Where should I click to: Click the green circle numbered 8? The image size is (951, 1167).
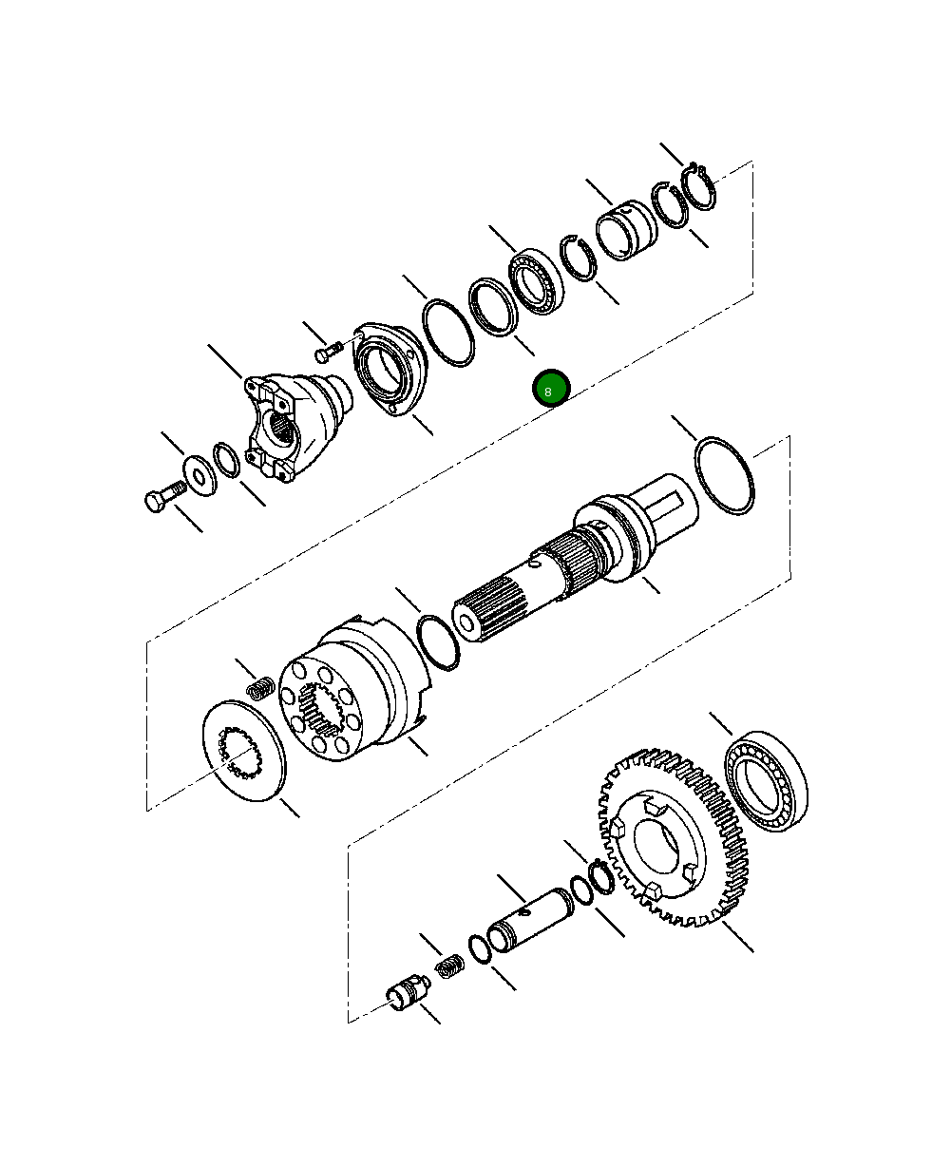click(x=550, y=390)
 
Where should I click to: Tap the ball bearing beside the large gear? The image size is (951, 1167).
click(x=767, y=781)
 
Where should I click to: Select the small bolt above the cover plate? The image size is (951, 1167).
click(x=328, y=353)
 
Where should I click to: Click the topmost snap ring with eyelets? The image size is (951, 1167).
click(x=701, y=187)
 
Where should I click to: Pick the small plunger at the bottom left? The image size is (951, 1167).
click(x=407, y=995)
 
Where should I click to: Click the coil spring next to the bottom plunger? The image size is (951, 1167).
click(x=449, y=967)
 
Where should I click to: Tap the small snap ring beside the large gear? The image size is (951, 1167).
click(x=601, y=876)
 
